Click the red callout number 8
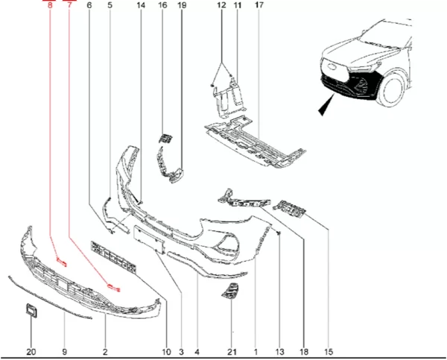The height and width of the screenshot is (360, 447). pyautogui.click(x=50, y=5)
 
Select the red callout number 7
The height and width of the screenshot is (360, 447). pyautogui.click(x=69, y=5)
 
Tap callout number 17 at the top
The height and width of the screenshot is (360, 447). pyautogui.click(x=259, y=5)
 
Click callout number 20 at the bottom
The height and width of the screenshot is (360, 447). pyautogui.click(x=31, y=352)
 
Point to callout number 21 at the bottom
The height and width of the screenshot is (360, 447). pyautogui.click(x=232, y=352)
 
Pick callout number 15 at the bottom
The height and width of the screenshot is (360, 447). pyautogui.click(x=329, y=352)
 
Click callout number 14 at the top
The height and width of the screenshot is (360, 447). pyautogui.click(x=141, y=5)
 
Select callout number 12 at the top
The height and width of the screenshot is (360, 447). pyautogui.click(x=221, y=5)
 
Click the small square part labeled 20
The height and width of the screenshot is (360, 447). pyautogui.click(x=31, y=310)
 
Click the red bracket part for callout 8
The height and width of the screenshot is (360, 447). pyautogui.click(x=62, y=262)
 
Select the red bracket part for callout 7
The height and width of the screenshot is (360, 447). pyautogui.click(x=113, y=288)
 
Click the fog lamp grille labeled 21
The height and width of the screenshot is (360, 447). pyautogui.click(x=230, y=291)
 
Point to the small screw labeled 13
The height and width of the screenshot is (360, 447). pyautogui.click(x=279, y=233)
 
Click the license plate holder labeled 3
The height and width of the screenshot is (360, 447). pyautogui.click(x=149, y=239)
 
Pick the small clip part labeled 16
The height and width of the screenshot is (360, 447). pyautogui.click(x=165, y=138)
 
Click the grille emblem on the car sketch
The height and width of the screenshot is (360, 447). pyautogui.click(x=332, y=66)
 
